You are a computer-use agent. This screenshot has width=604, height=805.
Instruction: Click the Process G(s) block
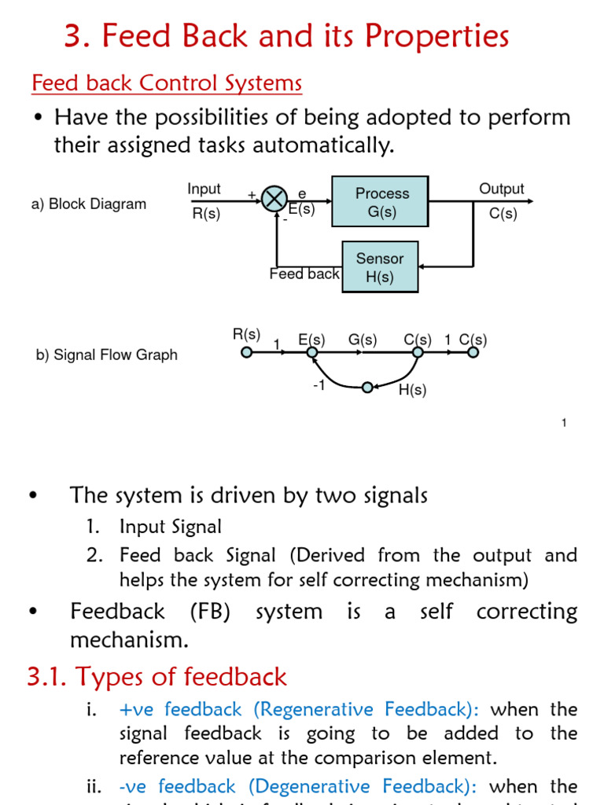[381, 202]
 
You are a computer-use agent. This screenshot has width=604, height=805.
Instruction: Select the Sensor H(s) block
[380, 268]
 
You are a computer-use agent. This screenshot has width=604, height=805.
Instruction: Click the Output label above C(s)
[501, 189]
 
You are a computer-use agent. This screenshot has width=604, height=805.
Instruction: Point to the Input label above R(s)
[204, 189]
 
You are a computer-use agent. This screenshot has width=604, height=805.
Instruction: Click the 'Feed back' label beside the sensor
[304, 274]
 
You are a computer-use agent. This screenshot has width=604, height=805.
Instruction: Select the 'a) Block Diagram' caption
[89, 204]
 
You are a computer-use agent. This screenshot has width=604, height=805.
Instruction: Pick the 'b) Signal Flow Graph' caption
[107, 355]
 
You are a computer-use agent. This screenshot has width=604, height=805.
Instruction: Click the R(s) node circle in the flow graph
[246, 353]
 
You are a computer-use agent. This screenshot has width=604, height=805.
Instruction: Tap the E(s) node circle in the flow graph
[312, 353]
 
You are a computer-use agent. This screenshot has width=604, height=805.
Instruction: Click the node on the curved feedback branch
[366, 387]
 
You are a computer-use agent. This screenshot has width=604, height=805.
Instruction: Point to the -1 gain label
[318, 386]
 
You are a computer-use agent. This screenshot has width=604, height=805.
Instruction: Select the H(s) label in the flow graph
[412, 391]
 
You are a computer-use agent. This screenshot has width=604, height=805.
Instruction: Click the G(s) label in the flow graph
[363, 340]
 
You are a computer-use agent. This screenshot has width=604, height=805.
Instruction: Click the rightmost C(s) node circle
[473, 353]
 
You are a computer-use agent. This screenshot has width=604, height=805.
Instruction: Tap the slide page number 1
[564, 424]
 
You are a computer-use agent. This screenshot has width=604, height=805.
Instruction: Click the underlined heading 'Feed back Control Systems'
[166, 83]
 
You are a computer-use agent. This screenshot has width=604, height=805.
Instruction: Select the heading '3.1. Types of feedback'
[157, 676]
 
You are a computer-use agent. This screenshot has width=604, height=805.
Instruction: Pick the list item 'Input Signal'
[170, 527]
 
